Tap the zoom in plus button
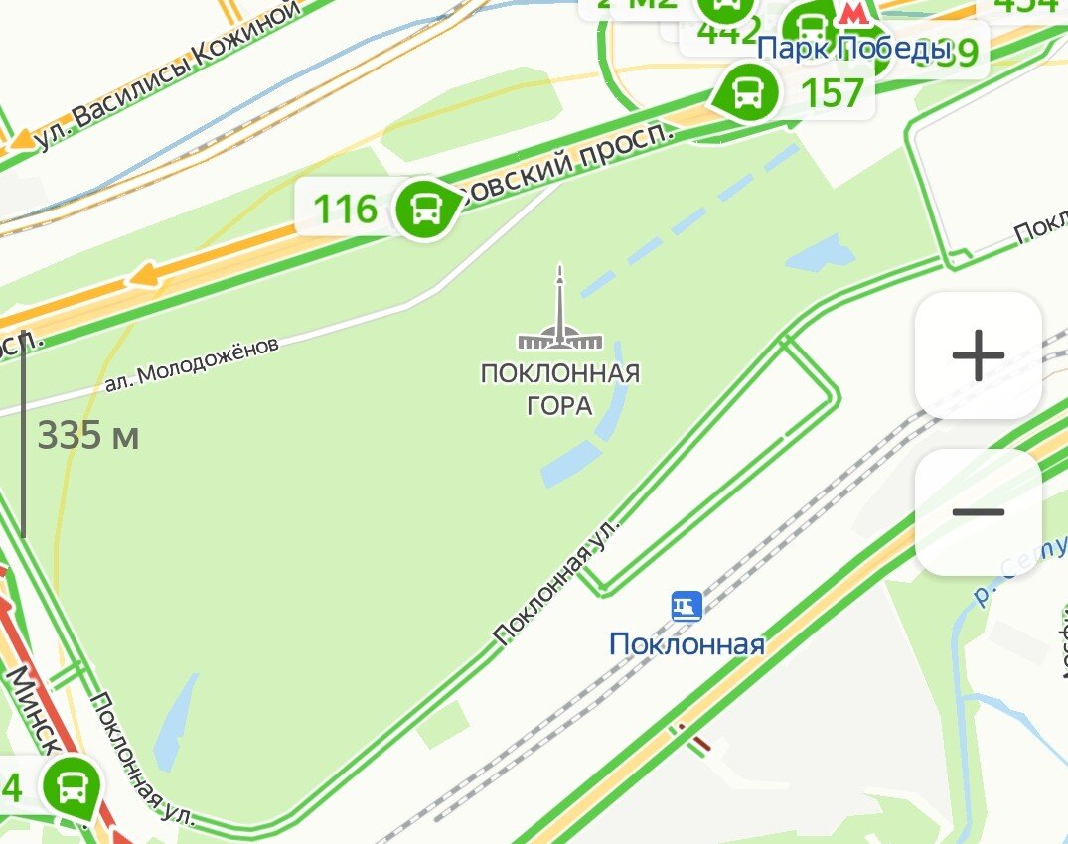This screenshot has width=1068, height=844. [978, 354]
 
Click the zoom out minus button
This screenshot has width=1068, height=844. [978, 512]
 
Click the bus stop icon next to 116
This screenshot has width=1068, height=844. [426, 209]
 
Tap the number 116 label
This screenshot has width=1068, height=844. [346, 210]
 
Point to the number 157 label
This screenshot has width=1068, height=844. [832, 93]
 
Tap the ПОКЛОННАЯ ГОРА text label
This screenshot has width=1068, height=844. [559, 389]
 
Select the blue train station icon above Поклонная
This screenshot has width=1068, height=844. [687, 606]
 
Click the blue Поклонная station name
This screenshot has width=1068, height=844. [687, 644]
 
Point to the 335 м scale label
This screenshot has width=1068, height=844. [88, 435]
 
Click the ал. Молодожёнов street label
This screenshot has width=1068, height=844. [192, 363]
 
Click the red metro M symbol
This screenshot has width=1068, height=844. [851, 13]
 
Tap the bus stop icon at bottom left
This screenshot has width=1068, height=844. [71, 787]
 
